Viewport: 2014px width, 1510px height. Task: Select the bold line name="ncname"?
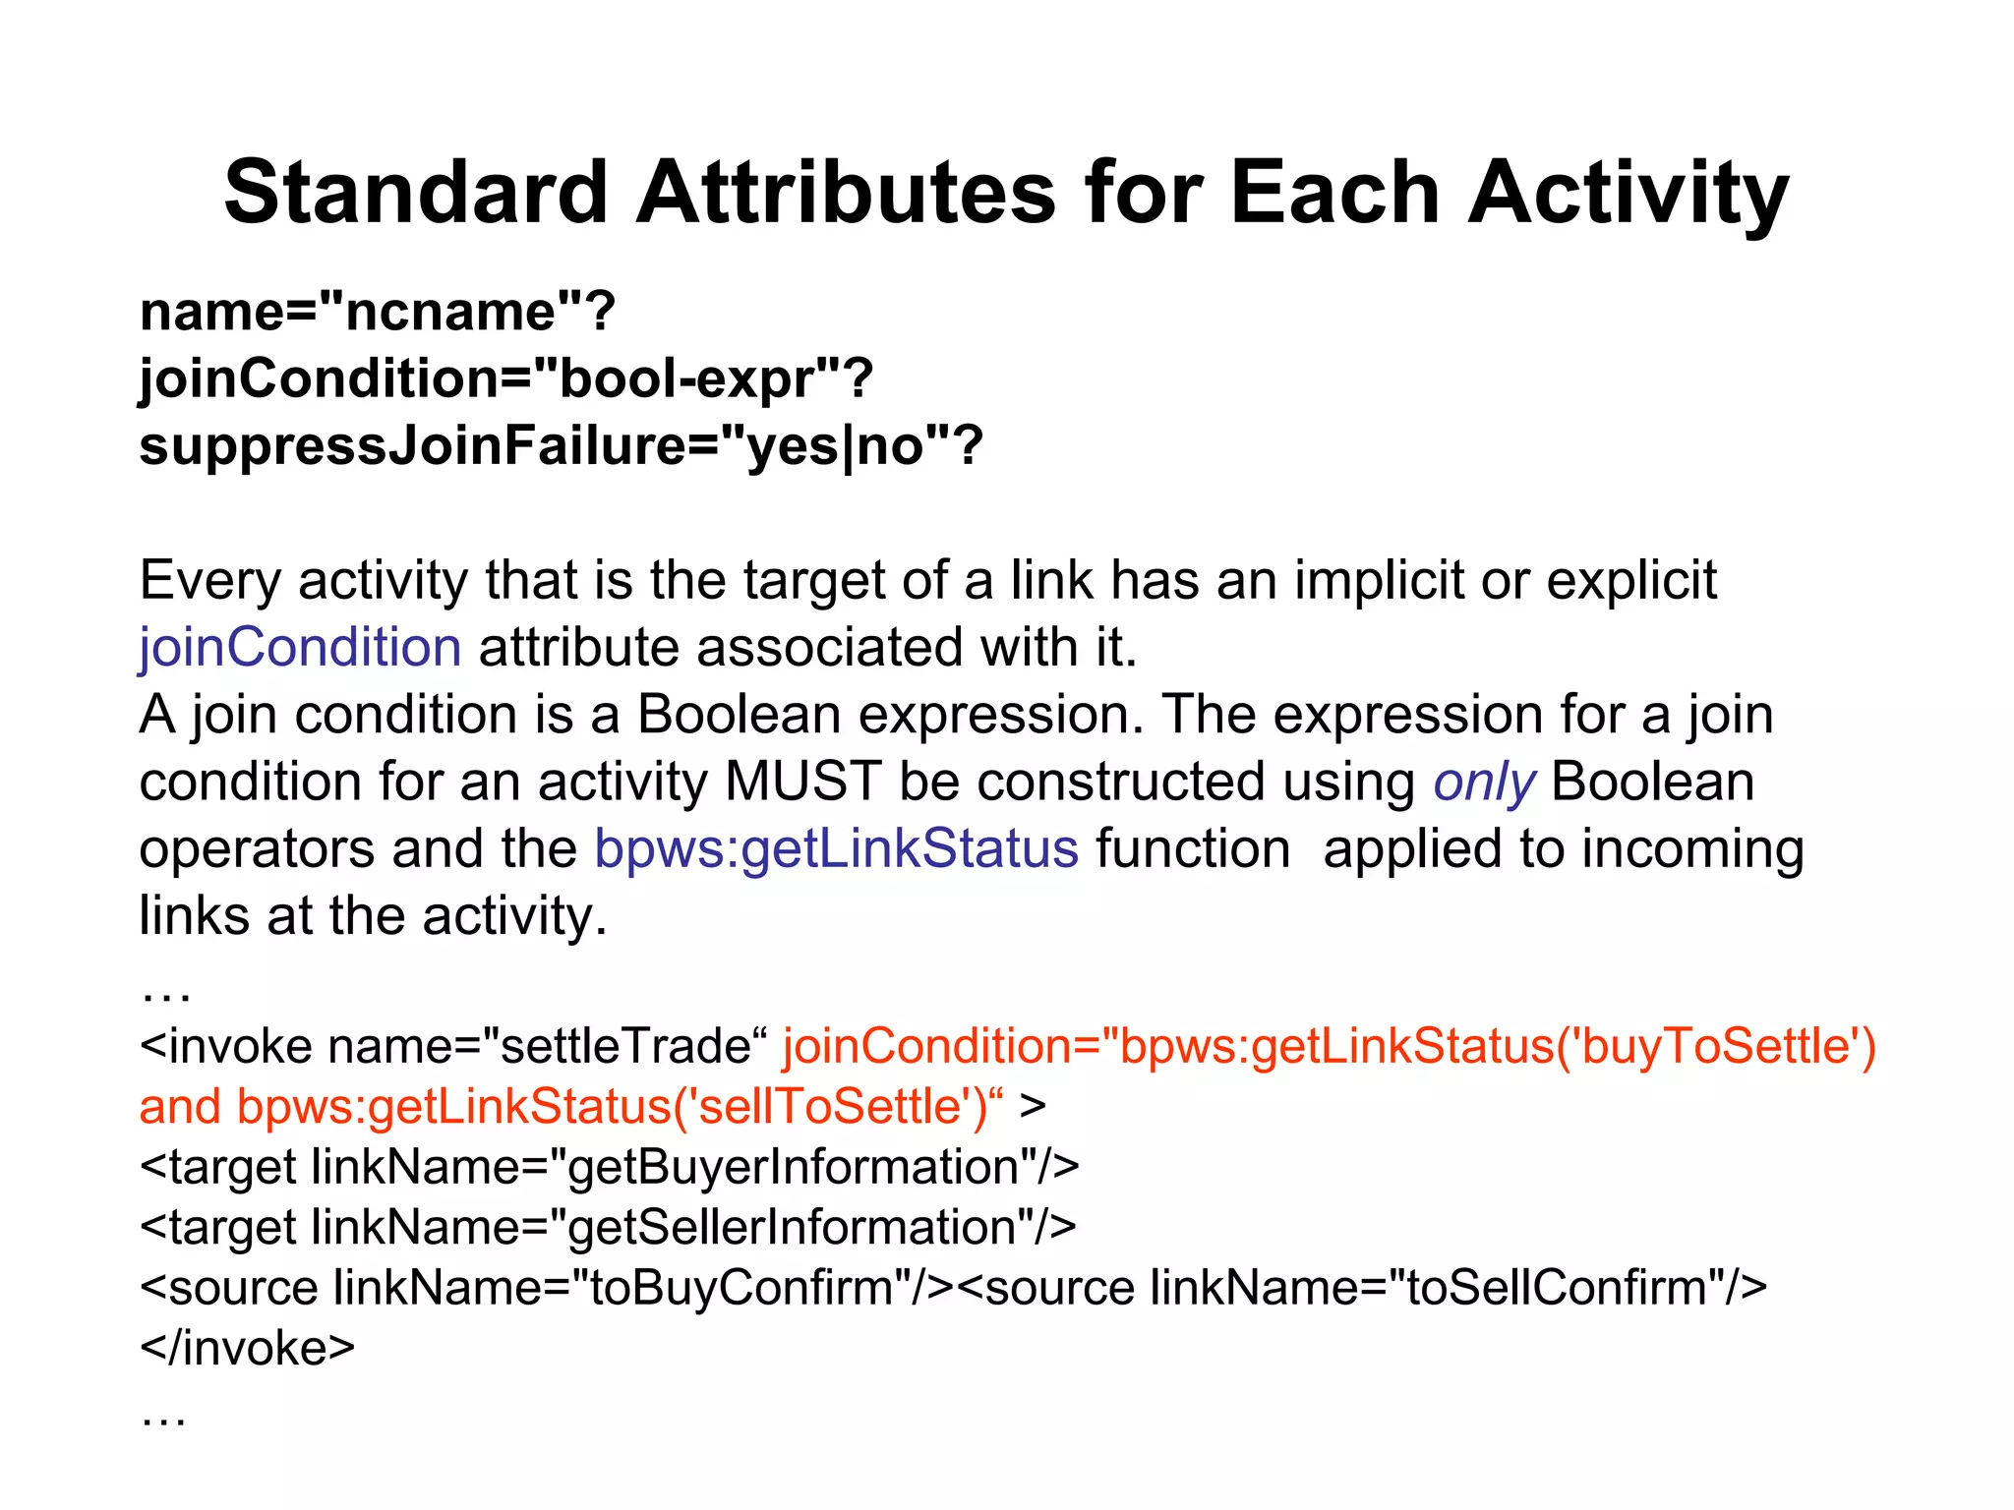(x=377, y=312)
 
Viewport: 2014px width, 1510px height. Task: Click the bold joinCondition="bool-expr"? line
(x=505, y=378)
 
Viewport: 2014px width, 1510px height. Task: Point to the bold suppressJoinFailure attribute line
(x=561, y=445)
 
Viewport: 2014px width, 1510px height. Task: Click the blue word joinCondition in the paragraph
(x=300, y=648)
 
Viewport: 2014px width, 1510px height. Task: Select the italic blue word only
(x=1483, y=783)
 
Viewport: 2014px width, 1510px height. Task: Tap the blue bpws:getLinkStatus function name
(x=836, y=849)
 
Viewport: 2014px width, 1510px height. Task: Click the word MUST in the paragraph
(x=802, y=783)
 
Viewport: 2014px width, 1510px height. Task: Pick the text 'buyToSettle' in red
(x=1716, y=1046)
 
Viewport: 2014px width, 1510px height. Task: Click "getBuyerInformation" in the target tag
(x=795, y=1168)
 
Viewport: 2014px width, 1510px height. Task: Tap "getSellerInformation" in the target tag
(x=793, y=1228)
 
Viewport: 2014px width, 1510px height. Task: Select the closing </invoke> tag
(x=247, y=1348)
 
